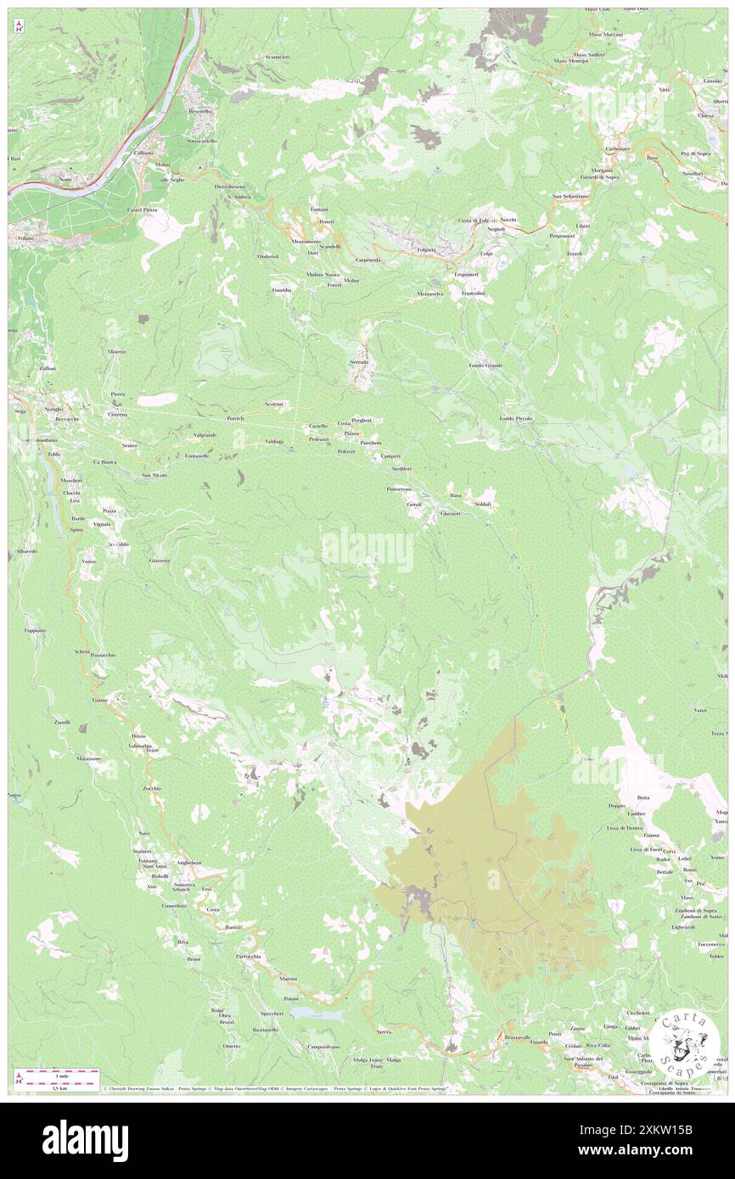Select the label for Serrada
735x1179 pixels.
[x=359, y=361]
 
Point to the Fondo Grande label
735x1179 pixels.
[x=485, y=366]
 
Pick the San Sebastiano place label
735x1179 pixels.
[x=569, y=197]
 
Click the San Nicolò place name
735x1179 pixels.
[x=154, y=475]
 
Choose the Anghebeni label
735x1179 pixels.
[x=189, y=863]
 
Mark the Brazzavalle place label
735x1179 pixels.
[x=517, y=1038]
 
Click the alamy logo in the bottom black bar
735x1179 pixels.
[x=85, y=1140]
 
